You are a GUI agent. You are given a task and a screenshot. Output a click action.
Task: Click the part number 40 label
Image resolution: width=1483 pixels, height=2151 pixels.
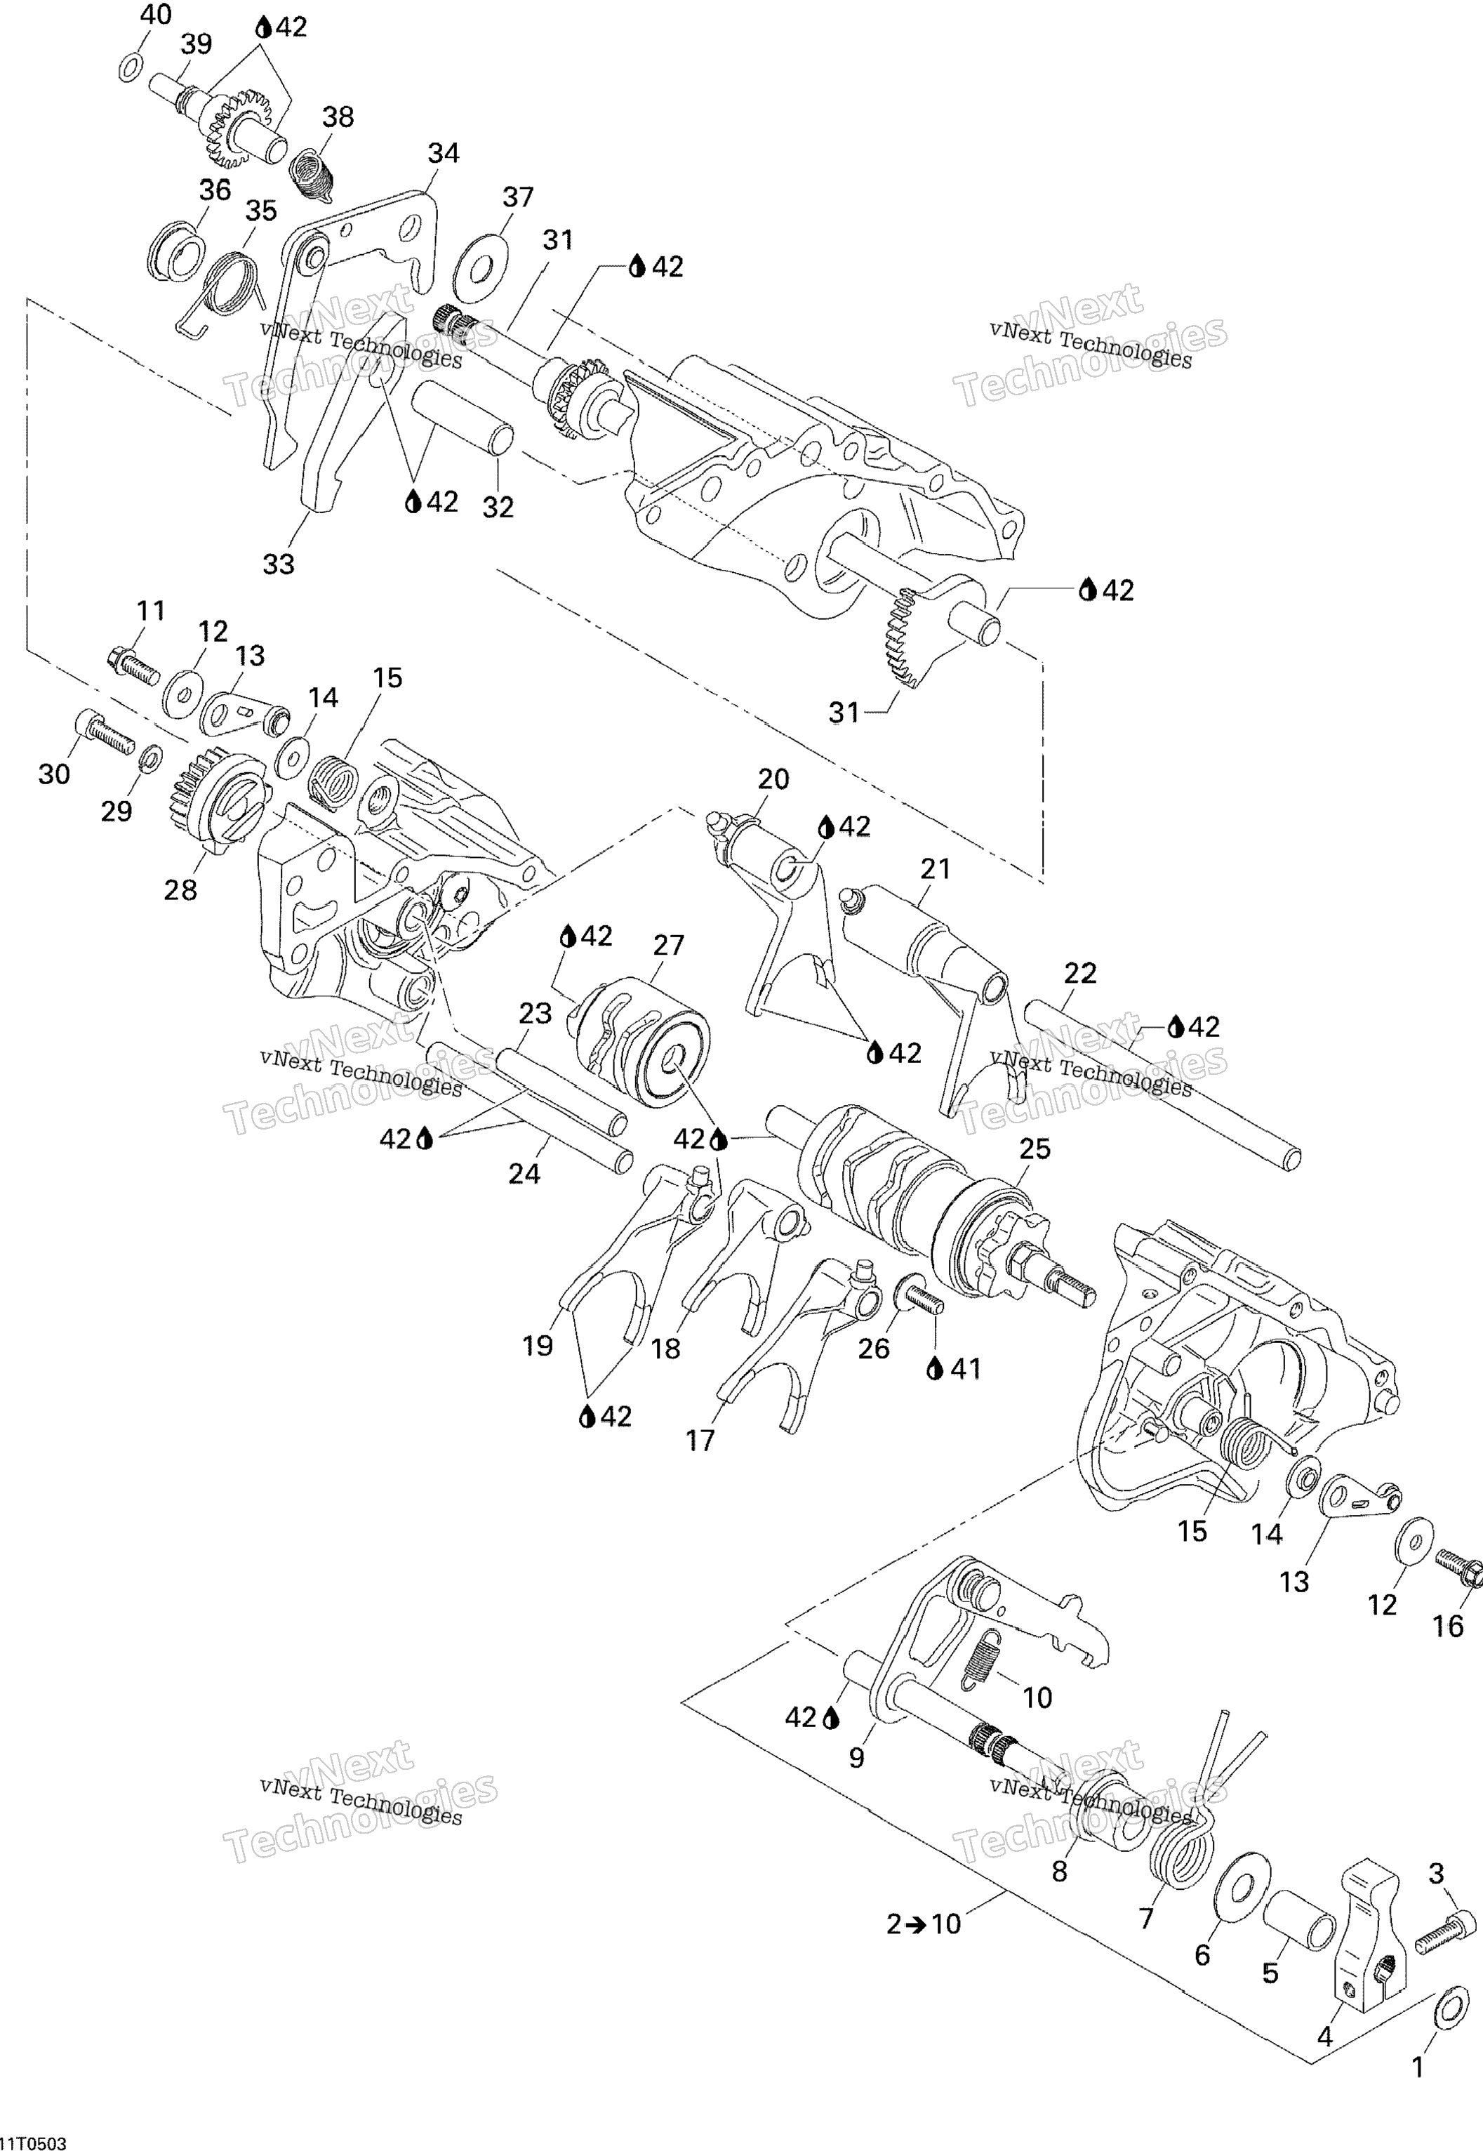click(156, 16)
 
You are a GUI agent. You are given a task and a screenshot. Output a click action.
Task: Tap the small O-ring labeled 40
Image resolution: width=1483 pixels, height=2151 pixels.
click(132, 68)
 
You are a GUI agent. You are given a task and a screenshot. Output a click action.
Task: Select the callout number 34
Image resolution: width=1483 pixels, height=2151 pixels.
click(444, 153)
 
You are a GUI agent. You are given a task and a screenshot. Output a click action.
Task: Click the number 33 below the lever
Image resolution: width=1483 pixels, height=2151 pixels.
click(279, 564)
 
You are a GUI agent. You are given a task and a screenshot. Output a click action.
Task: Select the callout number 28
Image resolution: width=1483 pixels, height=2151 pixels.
click(180, 890)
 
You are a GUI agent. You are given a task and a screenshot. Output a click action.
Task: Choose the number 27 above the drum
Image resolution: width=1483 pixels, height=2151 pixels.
click(668, 945)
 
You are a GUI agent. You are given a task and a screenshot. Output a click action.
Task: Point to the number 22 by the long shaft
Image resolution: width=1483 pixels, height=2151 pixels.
click(1079, 973)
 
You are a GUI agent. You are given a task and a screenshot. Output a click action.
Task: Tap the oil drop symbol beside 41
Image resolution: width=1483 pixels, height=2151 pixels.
click(935, 1369)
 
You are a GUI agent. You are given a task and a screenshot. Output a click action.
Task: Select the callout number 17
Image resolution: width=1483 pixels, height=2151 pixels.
click(700, 1441)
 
